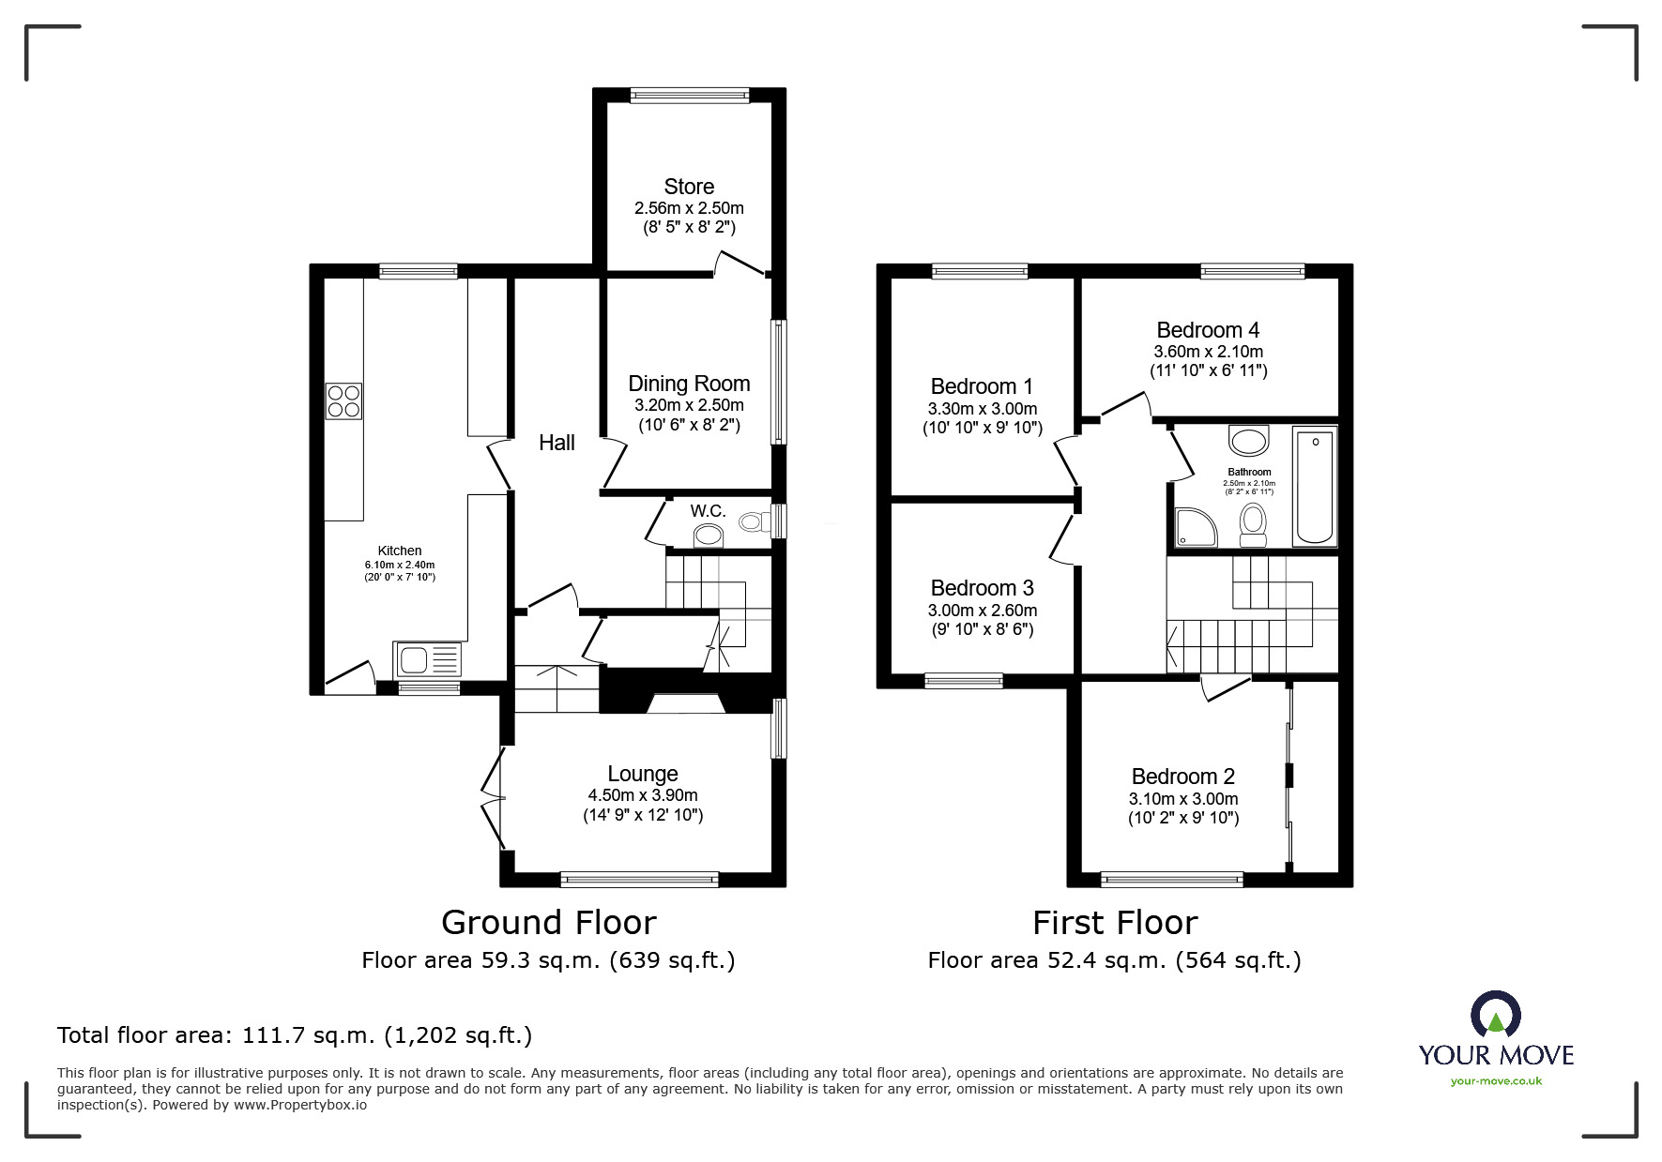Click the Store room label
689,187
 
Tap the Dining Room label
689,384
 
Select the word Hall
557,443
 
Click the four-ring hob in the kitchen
343,401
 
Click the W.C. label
709,511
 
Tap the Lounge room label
643,774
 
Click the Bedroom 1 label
982,386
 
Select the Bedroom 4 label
1208,330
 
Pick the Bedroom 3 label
982,588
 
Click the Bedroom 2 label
1182,777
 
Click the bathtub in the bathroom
1315,485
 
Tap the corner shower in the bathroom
1196,528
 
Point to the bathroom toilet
1253,525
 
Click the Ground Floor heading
549,923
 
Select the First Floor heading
1115,923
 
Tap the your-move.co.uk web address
1496,1081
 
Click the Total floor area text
295,1035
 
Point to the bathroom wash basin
1248,439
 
